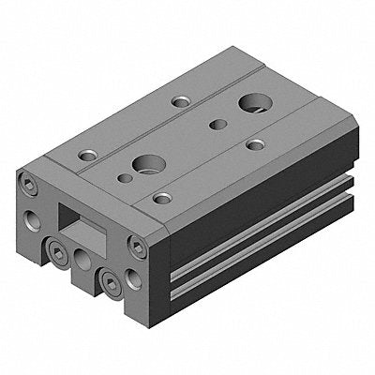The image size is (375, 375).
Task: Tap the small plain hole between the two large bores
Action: (217, 123)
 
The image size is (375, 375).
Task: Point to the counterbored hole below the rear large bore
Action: (255, 143)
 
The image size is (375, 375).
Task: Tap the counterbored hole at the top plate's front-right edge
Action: (161, 198)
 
